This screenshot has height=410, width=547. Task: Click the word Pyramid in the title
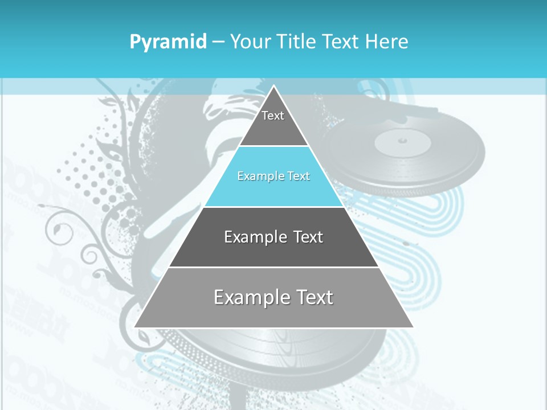click(x=168, y=42)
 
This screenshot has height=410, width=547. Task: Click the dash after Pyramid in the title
click(x=218, y=42)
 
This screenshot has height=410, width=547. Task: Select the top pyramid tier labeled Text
click(x=273, y=122)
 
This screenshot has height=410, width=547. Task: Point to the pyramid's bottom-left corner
click(x=135, y=327)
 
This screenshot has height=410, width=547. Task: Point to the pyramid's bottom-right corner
click(x=413, y=327)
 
